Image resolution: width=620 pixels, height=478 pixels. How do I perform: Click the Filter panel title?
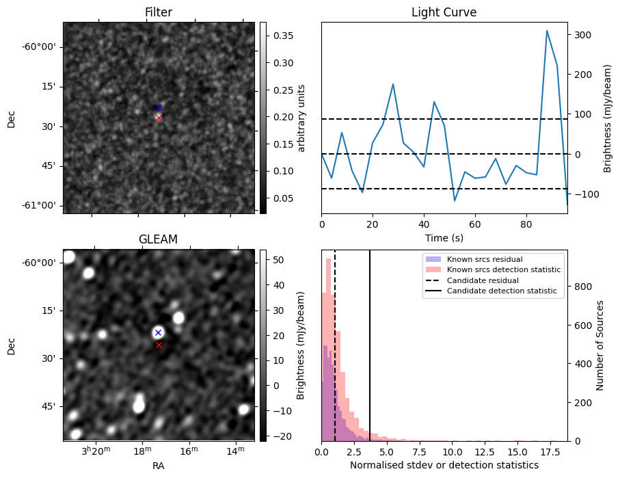coord(159,12)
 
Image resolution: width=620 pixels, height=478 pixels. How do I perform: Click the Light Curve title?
coord(444,12)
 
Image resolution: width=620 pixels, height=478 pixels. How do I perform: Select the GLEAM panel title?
coord(159,239)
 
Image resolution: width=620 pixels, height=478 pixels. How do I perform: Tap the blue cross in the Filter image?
coord(159,107)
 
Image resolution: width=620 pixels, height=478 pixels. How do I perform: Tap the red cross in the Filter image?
coord(159,118)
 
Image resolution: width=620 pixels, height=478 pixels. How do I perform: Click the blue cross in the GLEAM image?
coord(158,332)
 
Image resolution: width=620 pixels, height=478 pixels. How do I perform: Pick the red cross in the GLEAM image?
coord(159,345)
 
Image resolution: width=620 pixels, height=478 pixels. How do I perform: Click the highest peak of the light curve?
coord(547,31)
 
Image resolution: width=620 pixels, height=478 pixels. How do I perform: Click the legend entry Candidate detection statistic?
coord(501,291)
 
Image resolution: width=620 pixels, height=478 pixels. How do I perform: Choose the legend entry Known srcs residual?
coord(484,259)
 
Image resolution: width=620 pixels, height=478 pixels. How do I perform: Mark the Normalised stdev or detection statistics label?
coord(444,465)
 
